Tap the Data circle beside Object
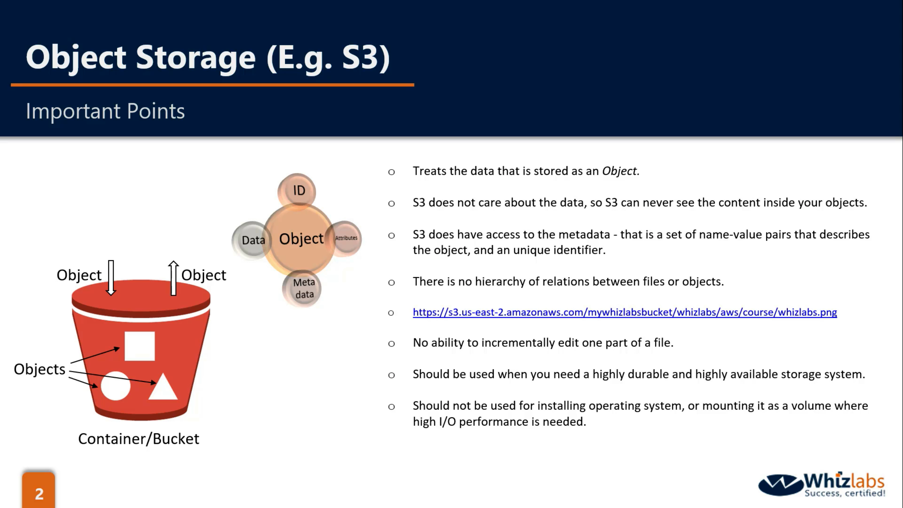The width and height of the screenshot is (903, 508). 251,240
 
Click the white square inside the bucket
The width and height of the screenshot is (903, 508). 139,346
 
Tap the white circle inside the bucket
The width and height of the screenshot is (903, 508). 115,386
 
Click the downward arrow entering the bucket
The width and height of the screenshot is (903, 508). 111,278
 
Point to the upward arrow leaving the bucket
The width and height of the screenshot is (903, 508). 173,278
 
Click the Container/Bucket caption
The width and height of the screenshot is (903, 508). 139,439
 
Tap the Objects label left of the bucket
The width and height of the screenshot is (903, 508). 40,369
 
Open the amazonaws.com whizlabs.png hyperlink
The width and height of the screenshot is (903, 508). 625,312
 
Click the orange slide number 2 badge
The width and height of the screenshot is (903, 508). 39,490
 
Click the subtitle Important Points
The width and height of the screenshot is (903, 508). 105,111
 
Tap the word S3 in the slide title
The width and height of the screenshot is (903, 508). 366,57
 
